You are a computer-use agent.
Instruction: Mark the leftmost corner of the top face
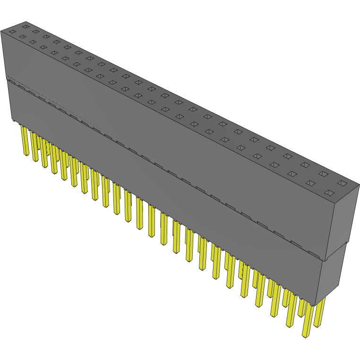(1, 31)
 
